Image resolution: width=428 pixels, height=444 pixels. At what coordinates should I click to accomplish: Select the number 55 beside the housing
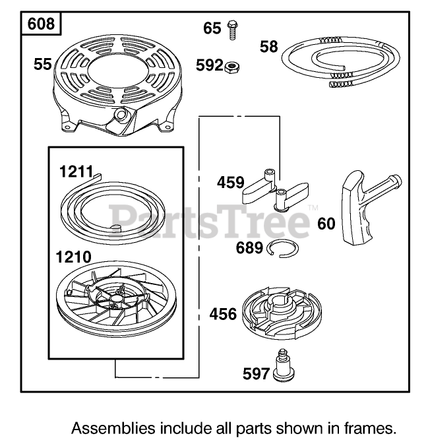pos(43,64)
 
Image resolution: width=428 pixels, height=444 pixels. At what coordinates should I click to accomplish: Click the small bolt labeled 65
pos(231,28)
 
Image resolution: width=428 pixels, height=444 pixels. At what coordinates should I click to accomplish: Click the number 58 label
pos(268,47)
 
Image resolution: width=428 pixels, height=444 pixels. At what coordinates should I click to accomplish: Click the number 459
pos(230,182)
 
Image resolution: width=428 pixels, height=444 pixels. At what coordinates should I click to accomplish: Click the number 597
pos(257,374)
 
